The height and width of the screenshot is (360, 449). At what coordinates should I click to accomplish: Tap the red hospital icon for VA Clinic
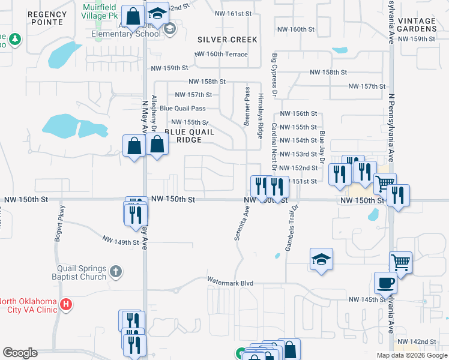click(66, 305)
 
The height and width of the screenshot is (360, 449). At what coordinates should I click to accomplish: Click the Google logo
click(20, 353)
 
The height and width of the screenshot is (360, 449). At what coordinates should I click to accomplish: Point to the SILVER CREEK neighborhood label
click(228, 40)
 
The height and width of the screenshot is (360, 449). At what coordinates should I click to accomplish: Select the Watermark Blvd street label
click(231, 281)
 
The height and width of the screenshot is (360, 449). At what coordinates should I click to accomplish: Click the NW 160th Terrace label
click(221, 54)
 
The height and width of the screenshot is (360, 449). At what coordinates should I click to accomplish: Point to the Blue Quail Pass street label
click(182, 109)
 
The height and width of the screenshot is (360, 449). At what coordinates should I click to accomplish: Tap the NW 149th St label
click(121, 242)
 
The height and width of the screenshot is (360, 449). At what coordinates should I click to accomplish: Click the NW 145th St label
click(366, 299)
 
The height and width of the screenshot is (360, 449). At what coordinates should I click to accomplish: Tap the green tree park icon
click(14, 40)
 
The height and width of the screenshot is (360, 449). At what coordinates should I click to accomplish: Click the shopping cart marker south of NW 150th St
click(400, 262)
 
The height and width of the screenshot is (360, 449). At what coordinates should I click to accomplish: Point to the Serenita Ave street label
click(246, 223)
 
